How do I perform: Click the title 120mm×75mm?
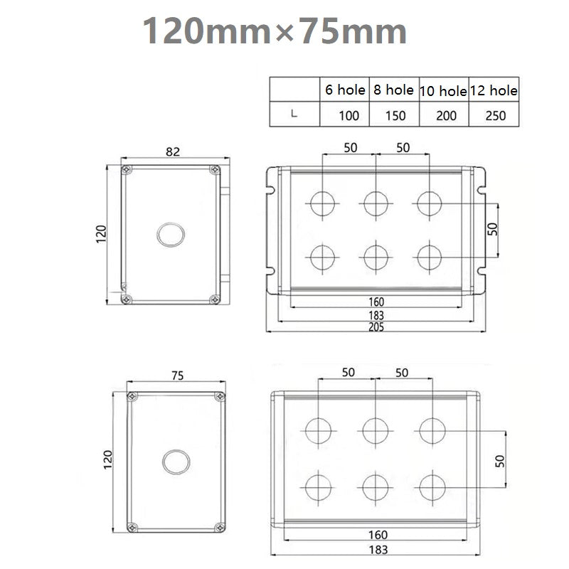[x=275, y=31]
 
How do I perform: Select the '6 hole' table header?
[x=345, y=90]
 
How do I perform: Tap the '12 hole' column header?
[x=494, y=90]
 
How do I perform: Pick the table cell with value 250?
[x=495, y=116]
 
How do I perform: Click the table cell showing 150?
[x=395, y=116]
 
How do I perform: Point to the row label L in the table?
[x=294, y=114]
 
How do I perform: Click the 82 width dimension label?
[x=173, y=151]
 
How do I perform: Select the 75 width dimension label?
[x=177, y=376]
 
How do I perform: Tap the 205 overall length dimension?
[x=376, y=327]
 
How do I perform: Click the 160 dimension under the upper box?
[x=376, y=302]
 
